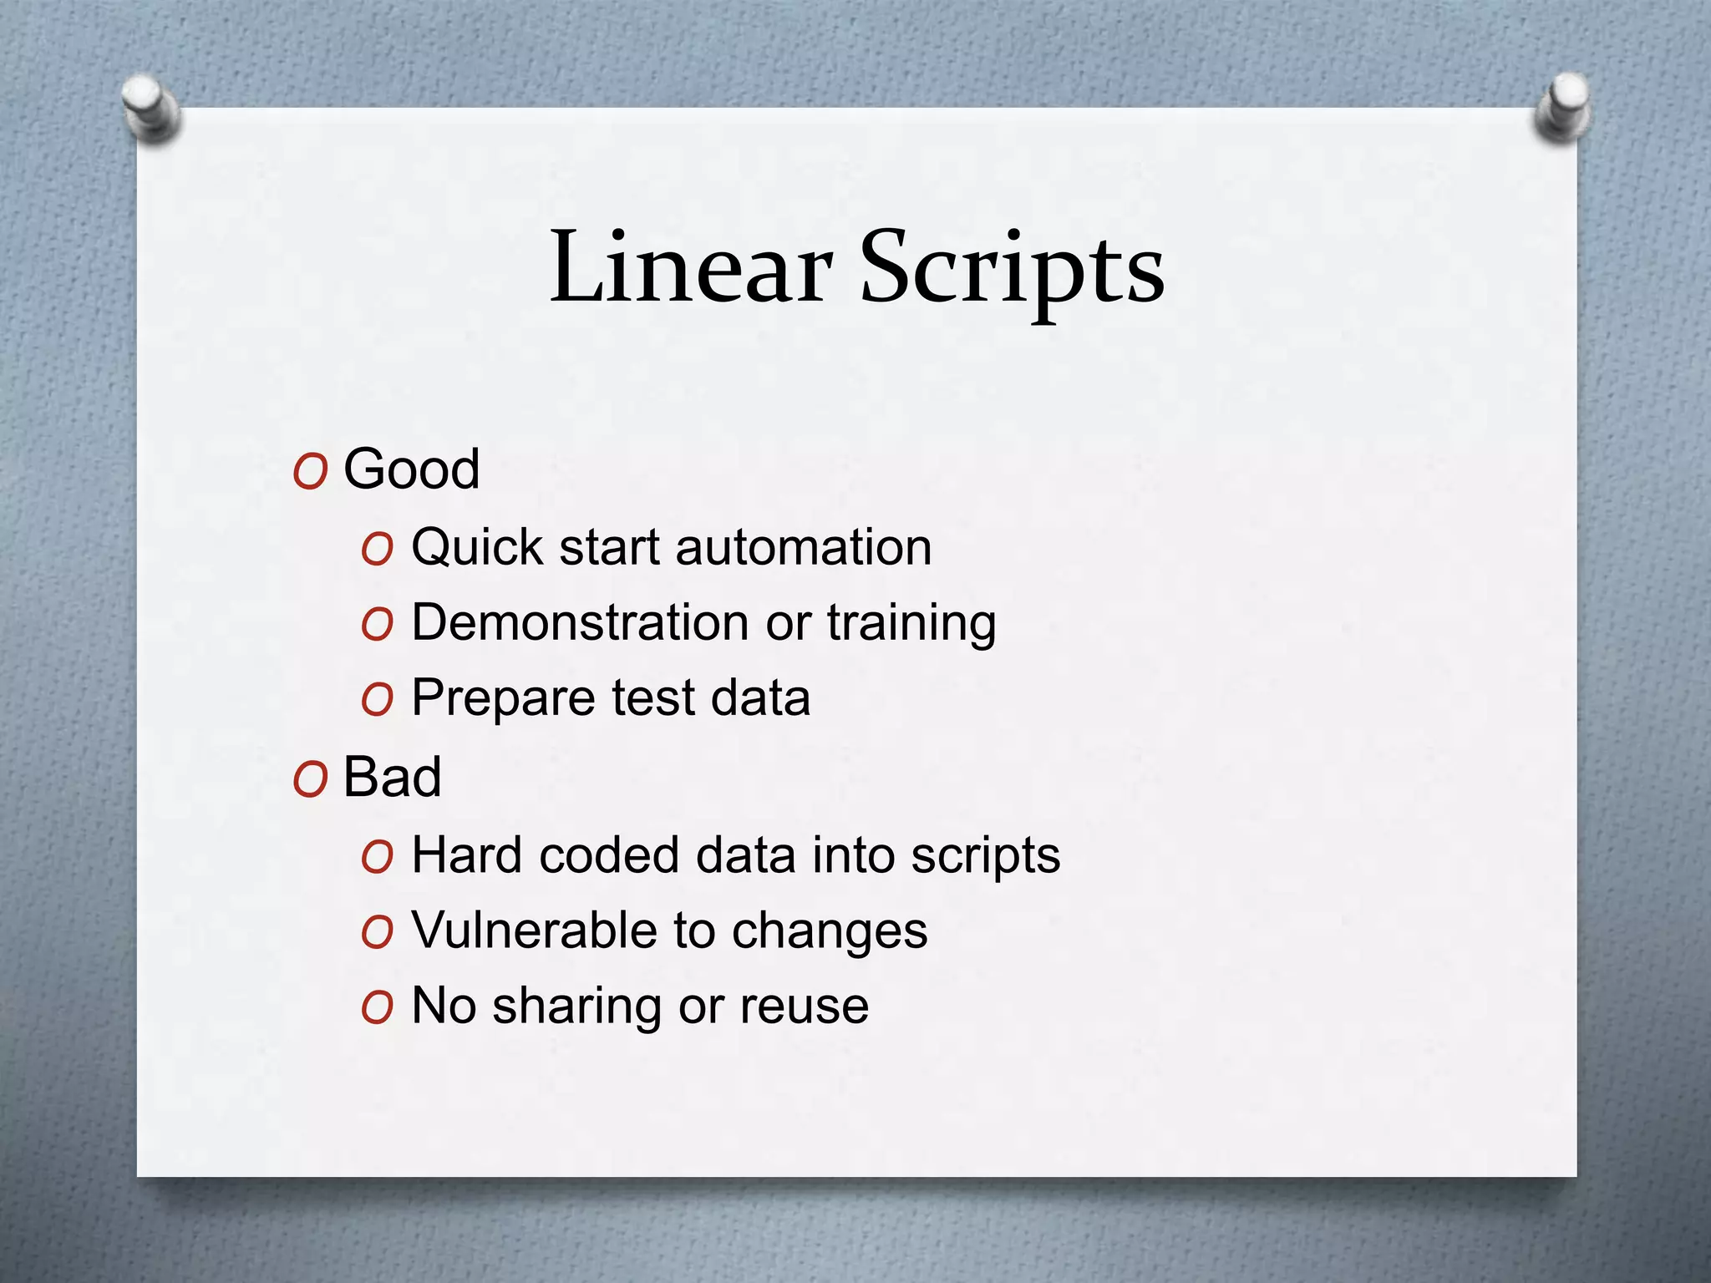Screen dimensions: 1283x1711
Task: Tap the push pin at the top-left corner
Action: [x=150, y=109]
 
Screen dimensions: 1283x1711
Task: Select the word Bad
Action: [x=392, y=777]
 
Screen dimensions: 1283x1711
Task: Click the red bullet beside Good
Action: [x=310, y=473]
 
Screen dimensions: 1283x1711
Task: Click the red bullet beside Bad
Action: [x=310, y=781]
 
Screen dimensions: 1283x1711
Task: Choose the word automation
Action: [x=803, y=548]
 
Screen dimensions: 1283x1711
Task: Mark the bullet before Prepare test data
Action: [x=377, y=700]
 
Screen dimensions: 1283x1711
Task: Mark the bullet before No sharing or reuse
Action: [x=377, y=1007]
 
